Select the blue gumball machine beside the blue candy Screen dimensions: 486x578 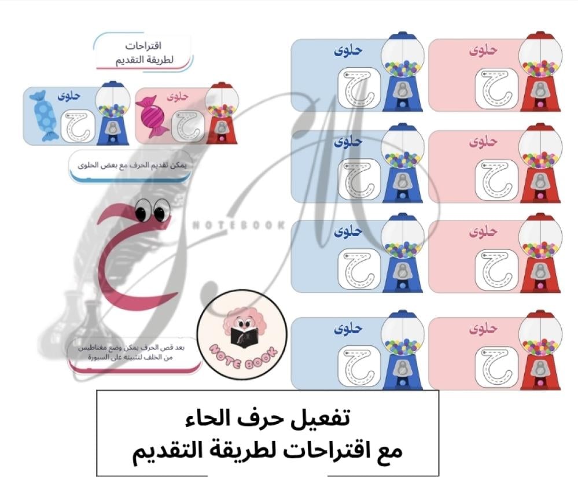pyautogui.click(x=112, y=113)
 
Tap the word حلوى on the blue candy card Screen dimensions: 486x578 pyautogui.click(x=69, y=96)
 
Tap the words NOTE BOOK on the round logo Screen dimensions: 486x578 pyautogui.click(x=242, y=357)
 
